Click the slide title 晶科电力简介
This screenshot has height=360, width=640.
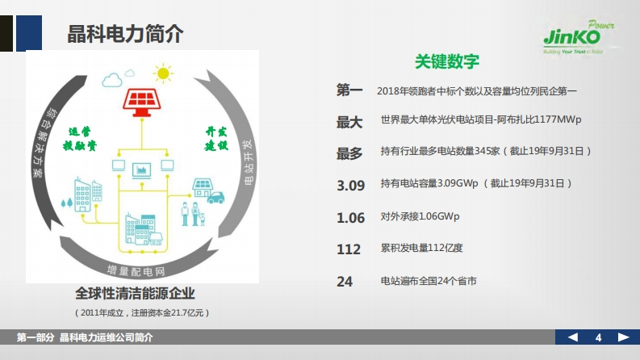coord(125,35)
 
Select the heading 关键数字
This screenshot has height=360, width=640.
coord(447,62)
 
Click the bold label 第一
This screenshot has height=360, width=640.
coord(349,91)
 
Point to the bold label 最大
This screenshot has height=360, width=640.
coord(349,122)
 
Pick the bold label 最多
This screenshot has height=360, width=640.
coord(349,153)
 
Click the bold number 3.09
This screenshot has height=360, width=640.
coord(351,185)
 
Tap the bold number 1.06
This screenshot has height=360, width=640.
coord(351,218)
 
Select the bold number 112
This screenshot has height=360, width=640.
coord(349,249)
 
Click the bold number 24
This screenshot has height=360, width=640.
coord(345,282)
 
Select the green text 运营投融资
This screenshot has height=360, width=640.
coord(80,138)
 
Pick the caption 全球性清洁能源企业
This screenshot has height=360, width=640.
coord(136,293)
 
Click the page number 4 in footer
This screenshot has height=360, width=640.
coord(598,337)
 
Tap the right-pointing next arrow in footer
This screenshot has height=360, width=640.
coord(623,337)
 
